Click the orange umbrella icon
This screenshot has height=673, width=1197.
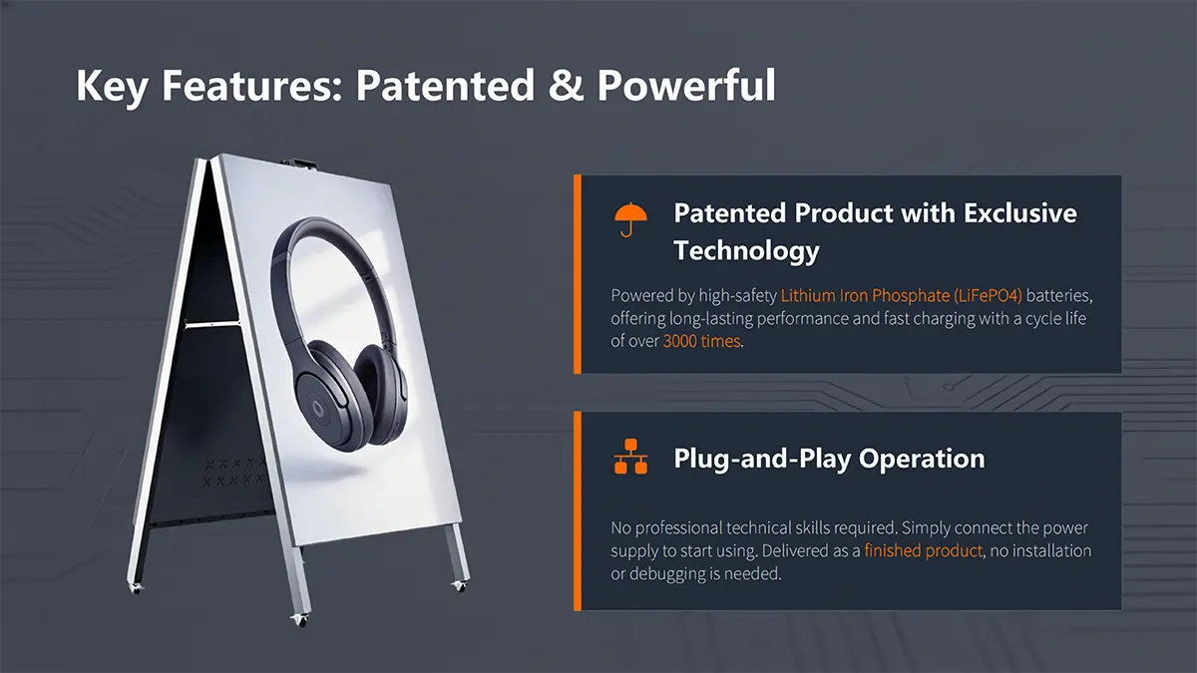point(630,219)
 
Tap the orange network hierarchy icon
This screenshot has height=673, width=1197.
point(631,457)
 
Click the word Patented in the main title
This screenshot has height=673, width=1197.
point(445,85)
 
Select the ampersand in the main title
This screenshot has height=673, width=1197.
point(566,85)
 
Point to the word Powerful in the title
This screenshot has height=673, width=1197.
point(686,85)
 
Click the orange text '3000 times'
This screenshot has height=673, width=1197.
point(701,341)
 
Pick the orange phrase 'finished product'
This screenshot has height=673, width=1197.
point(923,550)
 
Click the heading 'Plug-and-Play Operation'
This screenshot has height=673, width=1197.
point(829,459)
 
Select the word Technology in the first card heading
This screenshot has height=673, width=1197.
point(746,250)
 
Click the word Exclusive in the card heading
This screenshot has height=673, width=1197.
point(1020,213)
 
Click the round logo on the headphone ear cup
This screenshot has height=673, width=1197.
point(318,409)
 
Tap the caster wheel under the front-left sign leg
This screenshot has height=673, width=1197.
point(299,620)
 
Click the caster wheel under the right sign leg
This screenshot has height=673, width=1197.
point(459,586)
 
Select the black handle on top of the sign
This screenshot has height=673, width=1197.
point(298,163)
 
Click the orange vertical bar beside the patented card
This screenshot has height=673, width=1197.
point(578,274)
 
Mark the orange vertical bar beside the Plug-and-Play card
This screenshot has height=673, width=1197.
point(578,510)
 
